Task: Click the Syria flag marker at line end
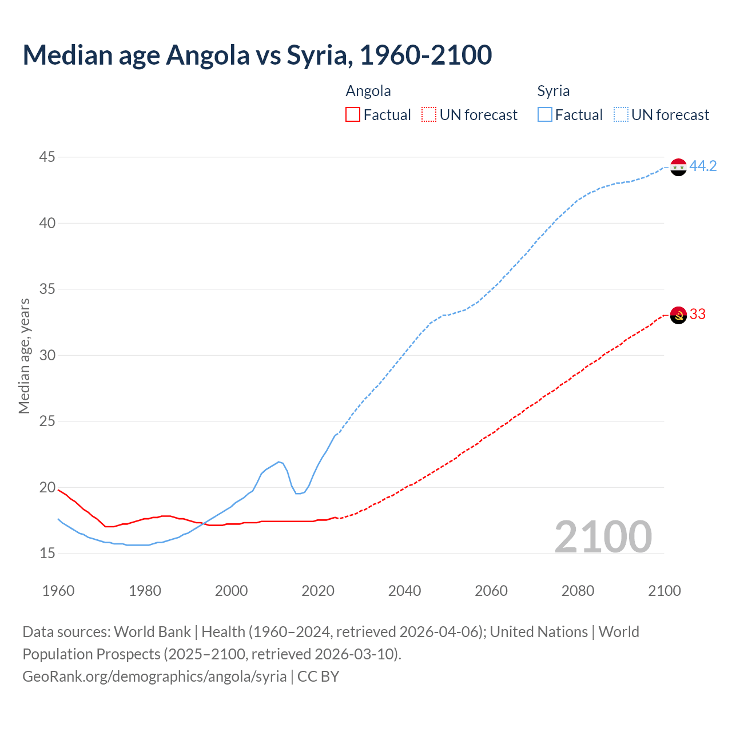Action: tap(678, 167)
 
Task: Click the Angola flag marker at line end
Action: tap(678, 315)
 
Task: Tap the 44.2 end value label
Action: tap(703, 166)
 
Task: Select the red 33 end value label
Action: tap(697, 314)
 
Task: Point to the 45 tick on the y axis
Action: tap(47, 157)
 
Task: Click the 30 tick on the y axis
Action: tap(47, 355)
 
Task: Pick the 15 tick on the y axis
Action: tap(47, 553)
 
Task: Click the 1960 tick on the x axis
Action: tap(58, 591)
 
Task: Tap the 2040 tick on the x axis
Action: tap(404, 591)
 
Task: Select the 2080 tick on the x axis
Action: tap(578, 591)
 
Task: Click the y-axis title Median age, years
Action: tap(24, 356)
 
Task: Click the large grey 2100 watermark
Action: tap(603, 536)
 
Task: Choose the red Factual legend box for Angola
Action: tap(353, 114)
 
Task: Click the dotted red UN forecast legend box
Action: tap(429, 114)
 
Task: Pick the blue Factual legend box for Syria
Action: tap(545, 114)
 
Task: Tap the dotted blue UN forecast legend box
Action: tap(620, 114)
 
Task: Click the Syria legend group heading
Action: tap(553, 91)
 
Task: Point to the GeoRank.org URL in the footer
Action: tap(154, 676)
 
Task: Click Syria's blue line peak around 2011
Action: tap(279, 462)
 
